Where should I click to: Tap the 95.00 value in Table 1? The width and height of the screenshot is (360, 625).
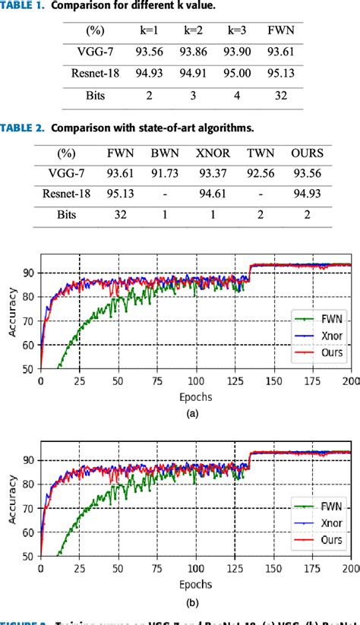click(239, 74)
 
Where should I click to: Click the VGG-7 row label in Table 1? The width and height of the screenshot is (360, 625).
click(91, 52)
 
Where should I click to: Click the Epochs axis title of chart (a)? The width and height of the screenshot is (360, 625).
click(195, 396)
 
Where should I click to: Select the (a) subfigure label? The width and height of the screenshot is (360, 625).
click(195, 414)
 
